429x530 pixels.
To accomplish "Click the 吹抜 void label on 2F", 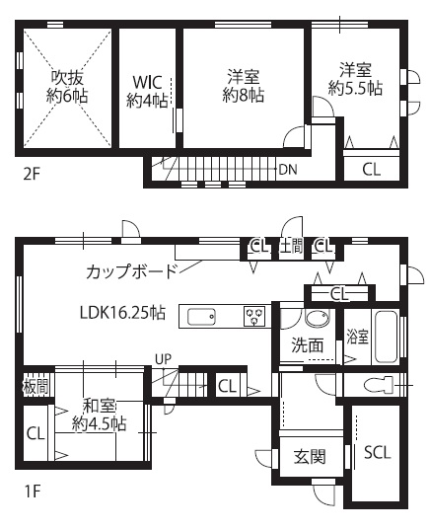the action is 67,87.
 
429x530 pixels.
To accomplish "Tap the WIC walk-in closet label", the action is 147,92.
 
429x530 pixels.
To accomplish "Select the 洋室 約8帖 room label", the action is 244,86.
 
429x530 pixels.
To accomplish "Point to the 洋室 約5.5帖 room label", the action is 355,79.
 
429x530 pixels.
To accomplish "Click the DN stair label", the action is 288,170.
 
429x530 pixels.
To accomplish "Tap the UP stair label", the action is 164,359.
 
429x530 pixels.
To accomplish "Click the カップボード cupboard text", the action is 132,271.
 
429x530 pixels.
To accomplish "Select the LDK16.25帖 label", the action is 122,313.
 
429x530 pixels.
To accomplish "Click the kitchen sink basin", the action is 201,317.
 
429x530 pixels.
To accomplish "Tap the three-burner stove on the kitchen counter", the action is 254,317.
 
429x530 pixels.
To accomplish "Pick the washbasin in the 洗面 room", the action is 317,319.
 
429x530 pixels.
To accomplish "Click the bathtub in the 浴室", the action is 387,337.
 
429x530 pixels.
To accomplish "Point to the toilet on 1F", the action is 379,385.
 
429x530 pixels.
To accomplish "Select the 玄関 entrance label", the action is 310,457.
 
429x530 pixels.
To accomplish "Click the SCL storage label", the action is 378,452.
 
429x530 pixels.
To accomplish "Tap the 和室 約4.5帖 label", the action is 100,416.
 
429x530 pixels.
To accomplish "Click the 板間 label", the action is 36,386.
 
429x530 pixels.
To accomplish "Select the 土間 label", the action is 291,247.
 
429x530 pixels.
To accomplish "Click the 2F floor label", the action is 32,175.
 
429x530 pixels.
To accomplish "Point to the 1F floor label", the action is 33,492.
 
